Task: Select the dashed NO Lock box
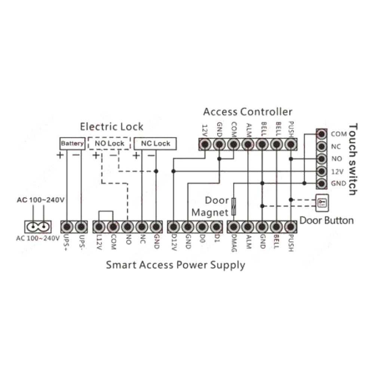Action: tap(109, 143)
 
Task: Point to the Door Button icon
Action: tap(322, 202)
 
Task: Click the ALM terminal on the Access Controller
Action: tap(248, 144)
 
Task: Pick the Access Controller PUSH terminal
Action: tap(291, 144)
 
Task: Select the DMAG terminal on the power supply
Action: tap(233, 227)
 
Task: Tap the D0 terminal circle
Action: tap(202, 227)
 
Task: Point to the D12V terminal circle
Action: tap(174, 227)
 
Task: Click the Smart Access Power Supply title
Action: tap(175, 265)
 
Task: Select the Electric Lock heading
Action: tap(111, 126)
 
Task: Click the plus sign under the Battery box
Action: tap(60, 155)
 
